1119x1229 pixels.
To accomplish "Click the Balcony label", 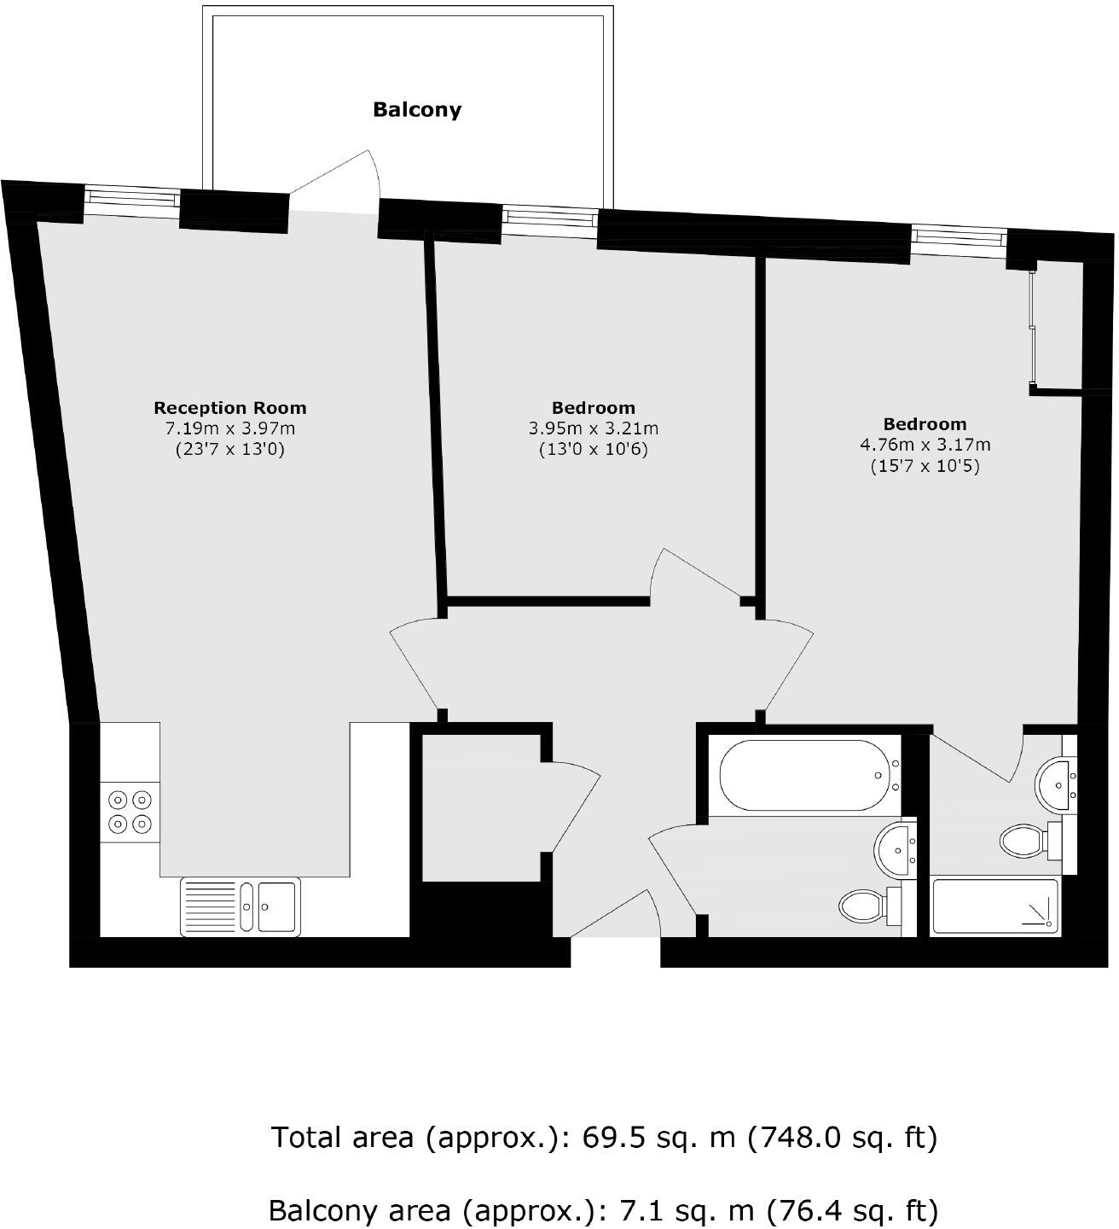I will click(416, 109).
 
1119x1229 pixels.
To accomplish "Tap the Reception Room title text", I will click(229, 408).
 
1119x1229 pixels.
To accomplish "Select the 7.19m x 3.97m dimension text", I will click(229, 428).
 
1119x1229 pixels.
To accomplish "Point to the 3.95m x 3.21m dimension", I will click(593, 428).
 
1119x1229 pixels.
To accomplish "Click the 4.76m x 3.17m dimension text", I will click(925, 445).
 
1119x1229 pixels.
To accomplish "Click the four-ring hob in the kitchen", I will click(130, 812).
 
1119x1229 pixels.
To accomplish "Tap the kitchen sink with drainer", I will click(240, 907).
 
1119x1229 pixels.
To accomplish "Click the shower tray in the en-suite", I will click(995, 906).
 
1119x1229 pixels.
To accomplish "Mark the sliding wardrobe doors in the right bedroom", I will click(1032, 328).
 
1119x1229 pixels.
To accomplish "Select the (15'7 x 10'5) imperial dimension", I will click(925, 466).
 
